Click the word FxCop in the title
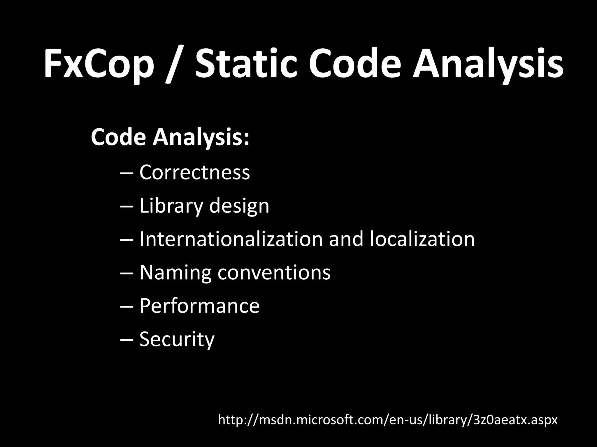(99, 65)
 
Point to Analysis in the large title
(488, 65)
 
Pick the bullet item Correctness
(194, 172)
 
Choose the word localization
(422, 239)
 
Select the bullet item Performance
(199, 306)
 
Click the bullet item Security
(177, 339)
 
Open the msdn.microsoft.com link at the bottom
(388, 420)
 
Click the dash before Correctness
(127, 173)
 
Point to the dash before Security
(127, 340)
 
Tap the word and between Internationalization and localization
(346, 239)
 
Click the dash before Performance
(127, 306)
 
